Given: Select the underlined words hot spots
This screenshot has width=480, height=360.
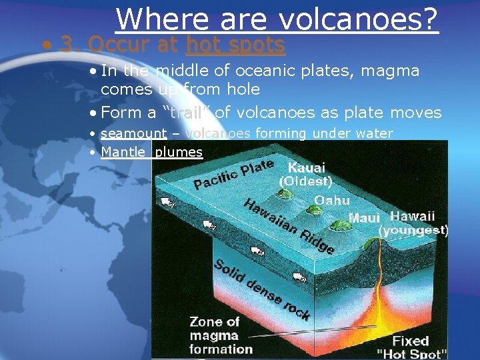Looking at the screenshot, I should point(235,45).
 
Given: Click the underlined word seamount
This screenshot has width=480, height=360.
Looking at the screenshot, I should point(133,133).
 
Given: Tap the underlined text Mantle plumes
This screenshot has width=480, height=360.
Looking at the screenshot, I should point(151,152).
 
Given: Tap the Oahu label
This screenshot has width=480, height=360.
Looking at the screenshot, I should point(331,200).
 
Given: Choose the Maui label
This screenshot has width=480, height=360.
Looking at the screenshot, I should point(364,218).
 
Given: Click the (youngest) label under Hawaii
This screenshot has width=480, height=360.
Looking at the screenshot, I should point(413,231).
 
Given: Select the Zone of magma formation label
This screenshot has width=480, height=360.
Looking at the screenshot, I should point(221,335).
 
